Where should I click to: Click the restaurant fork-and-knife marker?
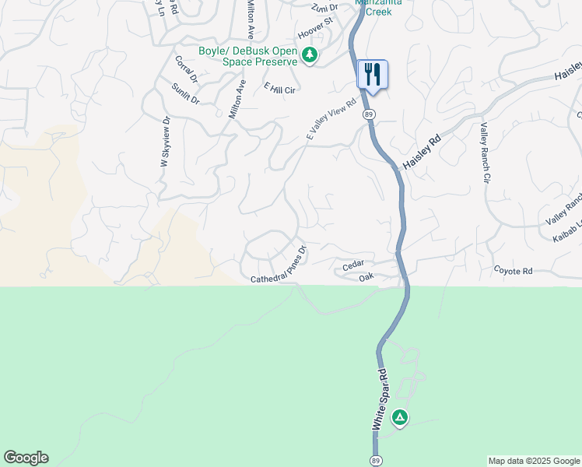tap(372, 75)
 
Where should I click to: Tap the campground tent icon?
tap(400, 419)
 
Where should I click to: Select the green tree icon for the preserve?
tap(310, 55)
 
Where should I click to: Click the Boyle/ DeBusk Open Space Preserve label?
tap(248, 56)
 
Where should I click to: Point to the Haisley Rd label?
tap(422, 153)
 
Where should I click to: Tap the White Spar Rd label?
tap(379, 401)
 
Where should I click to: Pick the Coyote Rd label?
tap(514, 271)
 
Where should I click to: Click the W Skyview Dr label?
tap(165, 142)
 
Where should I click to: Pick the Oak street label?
tap(367, 276)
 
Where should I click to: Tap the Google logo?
tap(26, 458)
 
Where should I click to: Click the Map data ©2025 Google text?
tap(534, 461)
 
